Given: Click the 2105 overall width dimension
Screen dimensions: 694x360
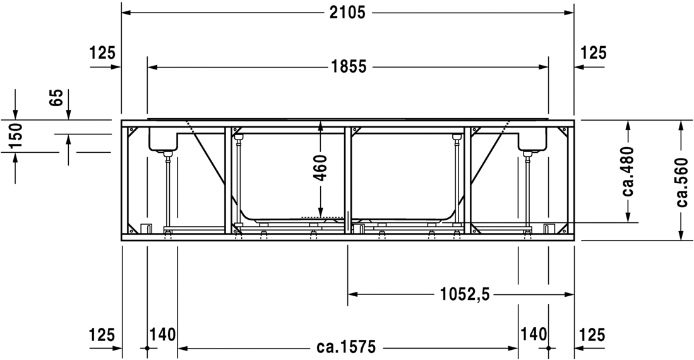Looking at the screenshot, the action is point(347,13).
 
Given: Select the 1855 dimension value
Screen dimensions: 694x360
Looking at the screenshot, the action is point(349,67).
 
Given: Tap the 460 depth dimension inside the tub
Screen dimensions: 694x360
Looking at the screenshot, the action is point(321,167).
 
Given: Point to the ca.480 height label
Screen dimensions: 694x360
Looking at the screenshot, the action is point(628,171).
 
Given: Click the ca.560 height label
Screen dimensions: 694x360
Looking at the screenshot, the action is point(682,182).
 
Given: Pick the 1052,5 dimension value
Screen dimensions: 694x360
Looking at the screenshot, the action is point(465,294).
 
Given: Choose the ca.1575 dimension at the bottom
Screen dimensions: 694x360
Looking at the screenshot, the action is point(346,346).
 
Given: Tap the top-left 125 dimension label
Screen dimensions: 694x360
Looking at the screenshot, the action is point(102,52).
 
